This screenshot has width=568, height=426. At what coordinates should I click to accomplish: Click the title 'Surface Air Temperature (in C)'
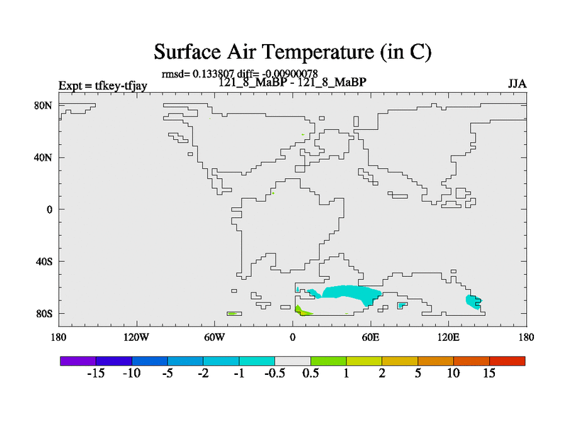click(x=293, y=52)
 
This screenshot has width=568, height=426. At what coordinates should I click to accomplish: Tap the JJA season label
click(x=517, y=84)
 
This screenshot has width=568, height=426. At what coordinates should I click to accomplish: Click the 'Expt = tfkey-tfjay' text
click(x=103, y=86)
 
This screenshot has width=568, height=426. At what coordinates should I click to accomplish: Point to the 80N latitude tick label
click(x=43, y=105)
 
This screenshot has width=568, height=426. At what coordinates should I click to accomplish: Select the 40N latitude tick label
click(x=43, y=158)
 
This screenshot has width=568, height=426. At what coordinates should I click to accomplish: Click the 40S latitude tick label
click(x=44, y=261)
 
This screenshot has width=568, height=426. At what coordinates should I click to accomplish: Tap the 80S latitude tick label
click(x=44, y=313)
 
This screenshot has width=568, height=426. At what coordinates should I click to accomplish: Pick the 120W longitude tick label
click(x=136, y=337)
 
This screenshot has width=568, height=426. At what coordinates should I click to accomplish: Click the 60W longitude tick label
click(x=214, y=337)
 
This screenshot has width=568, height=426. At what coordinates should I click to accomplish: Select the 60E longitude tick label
click(x=371, y=337)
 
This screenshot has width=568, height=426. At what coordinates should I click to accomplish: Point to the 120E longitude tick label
click(x=449, y=337)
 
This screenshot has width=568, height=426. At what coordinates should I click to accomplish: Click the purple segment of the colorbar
click(x=78, y=361)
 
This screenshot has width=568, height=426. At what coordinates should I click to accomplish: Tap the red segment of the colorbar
click(x=507, y=361)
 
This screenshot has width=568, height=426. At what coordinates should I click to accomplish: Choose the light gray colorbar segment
click(x=293, y=361)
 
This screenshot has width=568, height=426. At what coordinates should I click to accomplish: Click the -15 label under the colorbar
click(x=96, y=373)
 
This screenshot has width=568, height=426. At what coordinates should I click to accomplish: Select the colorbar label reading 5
click(x=418, y=373)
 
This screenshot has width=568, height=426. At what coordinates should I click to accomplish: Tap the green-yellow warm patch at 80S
click(x=303, y=311)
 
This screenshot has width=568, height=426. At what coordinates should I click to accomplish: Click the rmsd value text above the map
click(x=198, y=74)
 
